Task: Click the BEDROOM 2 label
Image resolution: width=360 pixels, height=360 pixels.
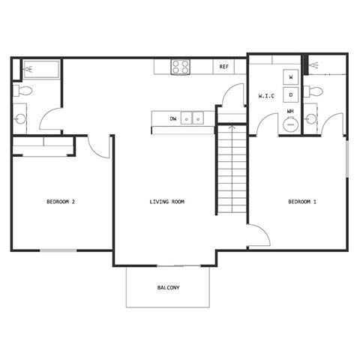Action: tap(61, 202)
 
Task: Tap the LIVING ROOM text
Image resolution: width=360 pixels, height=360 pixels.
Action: tap(167, 202)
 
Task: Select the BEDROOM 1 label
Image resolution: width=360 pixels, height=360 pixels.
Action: tap(302, 202)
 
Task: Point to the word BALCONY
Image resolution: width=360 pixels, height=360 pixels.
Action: tap(168, 288)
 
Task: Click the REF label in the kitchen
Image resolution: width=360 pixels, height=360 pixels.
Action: tap(223, 67)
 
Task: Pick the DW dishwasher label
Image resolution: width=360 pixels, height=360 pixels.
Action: tap(173, 118)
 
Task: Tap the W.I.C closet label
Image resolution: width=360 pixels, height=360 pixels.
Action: tap(266, 96)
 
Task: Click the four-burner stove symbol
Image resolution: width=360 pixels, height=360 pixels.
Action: tap(180, 67)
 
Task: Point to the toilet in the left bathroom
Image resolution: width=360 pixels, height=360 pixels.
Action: tap(22, 91)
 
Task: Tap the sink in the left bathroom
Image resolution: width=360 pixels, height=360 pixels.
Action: tap(20, 118)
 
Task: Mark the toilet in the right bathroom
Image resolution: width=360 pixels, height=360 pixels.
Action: tap(314, 92)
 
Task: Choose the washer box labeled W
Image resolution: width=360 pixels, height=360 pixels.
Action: tap(291, 76)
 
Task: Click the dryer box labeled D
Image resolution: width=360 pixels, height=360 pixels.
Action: tap(291, 94)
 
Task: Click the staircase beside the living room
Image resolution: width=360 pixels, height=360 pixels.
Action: tap(232, 170)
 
